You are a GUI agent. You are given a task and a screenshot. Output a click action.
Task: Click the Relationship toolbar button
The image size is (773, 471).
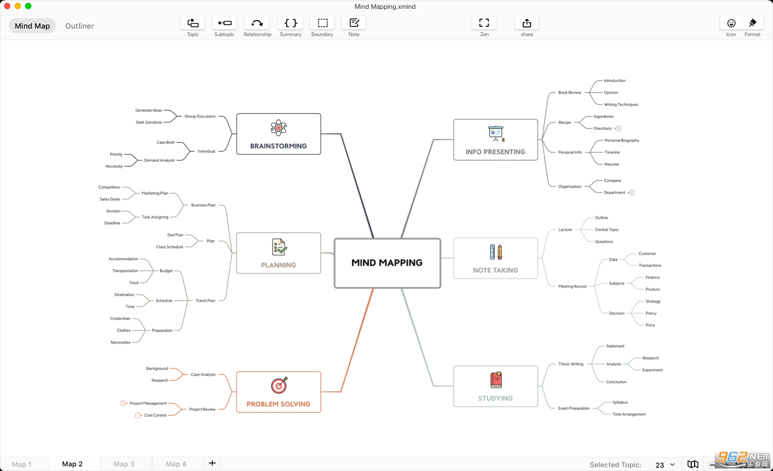pos(257,23)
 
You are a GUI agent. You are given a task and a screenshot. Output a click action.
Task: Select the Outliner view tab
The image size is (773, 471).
pos(79,26)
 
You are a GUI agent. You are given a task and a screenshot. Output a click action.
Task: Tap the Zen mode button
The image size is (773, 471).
pos(484,23)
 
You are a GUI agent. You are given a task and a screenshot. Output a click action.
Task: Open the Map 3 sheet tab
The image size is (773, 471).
pos(124,464)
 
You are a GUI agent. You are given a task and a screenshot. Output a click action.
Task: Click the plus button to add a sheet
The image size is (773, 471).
pos(212,463)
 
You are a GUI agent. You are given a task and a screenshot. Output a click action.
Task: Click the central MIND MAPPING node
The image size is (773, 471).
pos(387,263)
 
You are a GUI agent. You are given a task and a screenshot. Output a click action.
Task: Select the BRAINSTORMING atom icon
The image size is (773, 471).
pos(279,128)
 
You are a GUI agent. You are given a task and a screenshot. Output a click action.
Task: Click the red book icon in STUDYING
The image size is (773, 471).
pos(496,380)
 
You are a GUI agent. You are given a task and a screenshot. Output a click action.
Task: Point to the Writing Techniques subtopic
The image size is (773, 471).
pos(621,105)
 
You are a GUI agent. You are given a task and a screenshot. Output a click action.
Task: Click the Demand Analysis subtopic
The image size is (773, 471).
pos(159,161)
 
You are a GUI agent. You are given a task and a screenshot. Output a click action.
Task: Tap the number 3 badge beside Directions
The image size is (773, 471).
pos(618,129)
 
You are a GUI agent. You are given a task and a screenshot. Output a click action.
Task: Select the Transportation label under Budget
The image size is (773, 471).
pos(125,271)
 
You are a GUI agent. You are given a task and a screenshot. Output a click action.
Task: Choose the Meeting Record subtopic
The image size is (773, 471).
pos(572,287)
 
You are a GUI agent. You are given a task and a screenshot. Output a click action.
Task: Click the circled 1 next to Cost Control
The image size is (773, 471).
pos(137,416)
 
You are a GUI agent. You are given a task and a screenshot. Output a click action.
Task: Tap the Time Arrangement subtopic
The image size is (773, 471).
pos(629,414)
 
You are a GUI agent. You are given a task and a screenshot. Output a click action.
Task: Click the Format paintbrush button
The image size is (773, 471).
pos(752,23)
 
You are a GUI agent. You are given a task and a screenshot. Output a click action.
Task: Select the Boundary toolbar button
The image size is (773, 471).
pos(322,23)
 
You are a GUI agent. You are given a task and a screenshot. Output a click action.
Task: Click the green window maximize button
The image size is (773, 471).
pos(28,6)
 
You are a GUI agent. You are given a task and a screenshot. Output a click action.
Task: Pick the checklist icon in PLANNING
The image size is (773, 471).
pos(279,247)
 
